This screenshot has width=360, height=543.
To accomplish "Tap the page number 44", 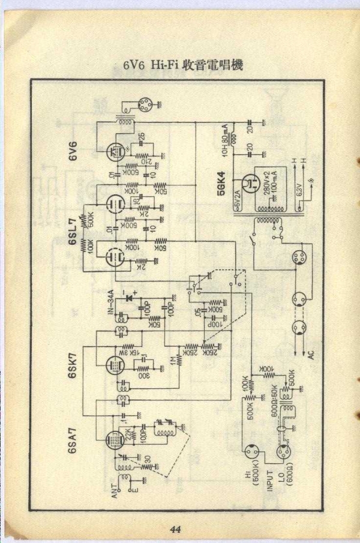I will (175, 529).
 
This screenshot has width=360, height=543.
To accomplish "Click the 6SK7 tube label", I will (73, 367).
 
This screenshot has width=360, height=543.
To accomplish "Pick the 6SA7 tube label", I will (73, 442).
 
